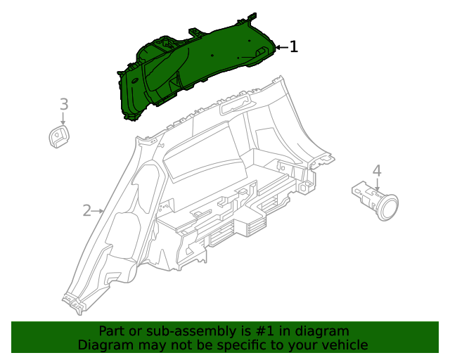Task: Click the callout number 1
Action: point(294,47)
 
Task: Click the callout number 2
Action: point(87,210)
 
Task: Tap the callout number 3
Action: point(63,104)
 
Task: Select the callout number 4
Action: point(377,171)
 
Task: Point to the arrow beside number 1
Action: point(281,47)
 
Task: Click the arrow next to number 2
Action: point(99,210)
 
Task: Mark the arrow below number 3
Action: point(63,120)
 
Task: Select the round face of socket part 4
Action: point(387,207)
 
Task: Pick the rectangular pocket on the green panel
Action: point(259,52)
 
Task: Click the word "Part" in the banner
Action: point(112,331)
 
